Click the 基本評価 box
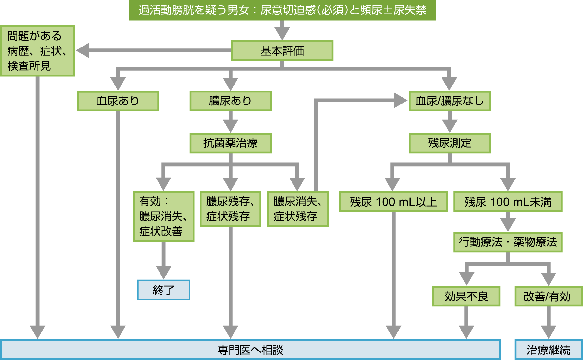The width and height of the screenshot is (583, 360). (282, 51)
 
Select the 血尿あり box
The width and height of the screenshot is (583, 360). (118, 101)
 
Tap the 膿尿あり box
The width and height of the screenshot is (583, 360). (230, 101)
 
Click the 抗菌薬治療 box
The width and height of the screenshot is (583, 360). (230, 143)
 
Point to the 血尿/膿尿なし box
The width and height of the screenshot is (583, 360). (449, 101)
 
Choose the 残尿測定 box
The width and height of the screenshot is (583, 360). (449, 143)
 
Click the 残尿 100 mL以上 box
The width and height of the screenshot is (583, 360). (393, 202)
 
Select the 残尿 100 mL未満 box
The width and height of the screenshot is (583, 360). (508, 202)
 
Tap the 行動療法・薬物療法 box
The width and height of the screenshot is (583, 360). (508, 242)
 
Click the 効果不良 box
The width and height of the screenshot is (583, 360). (466, 296)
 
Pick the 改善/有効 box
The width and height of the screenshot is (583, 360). (548, 296)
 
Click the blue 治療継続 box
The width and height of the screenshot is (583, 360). (548, 350)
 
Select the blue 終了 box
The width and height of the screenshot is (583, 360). (163, 290)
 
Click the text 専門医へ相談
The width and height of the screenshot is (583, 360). (250, 350)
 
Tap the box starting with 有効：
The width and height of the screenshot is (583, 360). (163, 217)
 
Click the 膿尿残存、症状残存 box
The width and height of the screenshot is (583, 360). (230, 209)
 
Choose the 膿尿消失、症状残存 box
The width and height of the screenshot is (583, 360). (297, 209)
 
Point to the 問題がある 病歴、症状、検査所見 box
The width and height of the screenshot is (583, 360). (37, 51)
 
